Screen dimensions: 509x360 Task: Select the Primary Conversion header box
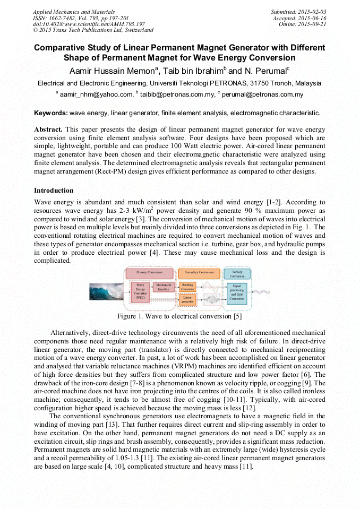[x=149, y=273]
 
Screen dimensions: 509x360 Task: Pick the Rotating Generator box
[x=187, y=287]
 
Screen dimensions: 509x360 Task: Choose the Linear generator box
[x=187, y=300]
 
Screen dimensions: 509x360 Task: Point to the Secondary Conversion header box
[x=199, y=273]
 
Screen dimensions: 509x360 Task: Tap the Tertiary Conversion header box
[x=237, y=273]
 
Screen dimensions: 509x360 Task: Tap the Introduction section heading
[x=54, y=191]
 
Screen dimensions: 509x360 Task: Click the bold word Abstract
[x=48, y=130]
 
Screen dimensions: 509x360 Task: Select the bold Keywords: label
[x=51, y=113]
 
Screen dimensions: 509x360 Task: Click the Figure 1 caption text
[x=179, y=317]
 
